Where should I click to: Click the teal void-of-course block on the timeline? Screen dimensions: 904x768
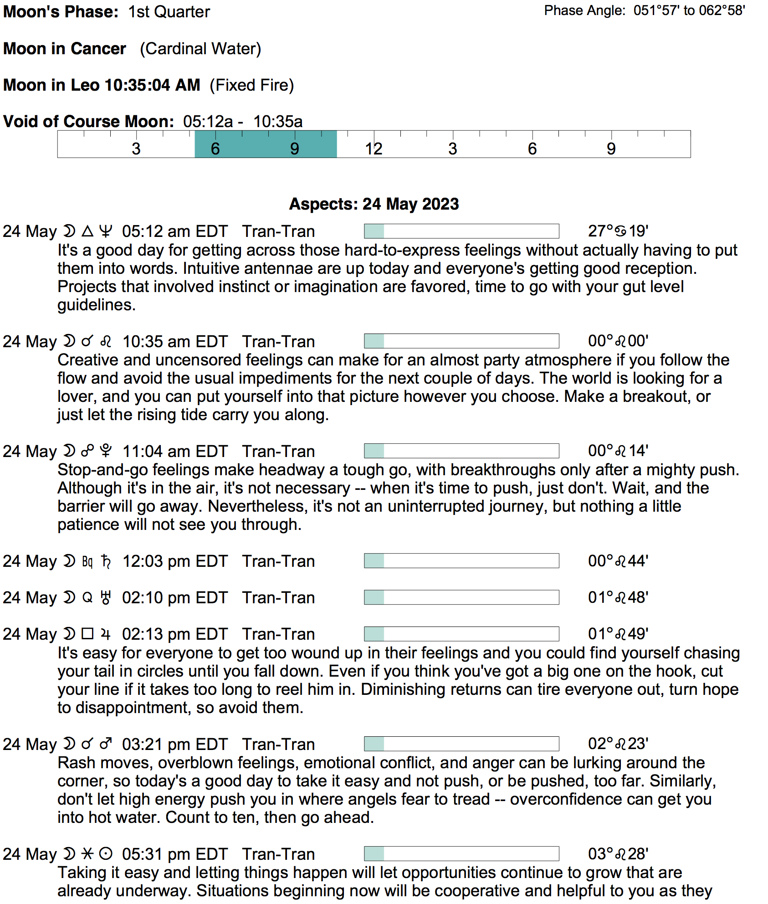tap(266, 144)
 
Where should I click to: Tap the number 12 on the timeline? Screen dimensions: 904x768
tap(374, 149)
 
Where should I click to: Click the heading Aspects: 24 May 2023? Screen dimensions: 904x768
tap(374, 204)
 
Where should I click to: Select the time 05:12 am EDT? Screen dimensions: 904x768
tap(175, 231)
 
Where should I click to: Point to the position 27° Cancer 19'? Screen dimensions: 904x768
tap(618, 231)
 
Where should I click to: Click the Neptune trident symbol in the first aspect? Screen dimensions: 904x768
tap(106, 231)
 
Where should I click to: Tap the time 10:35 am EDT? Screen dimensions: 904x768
tap(175, 341)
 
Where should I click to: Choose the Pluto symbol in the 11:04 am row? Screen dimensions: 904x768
tap(106, 451)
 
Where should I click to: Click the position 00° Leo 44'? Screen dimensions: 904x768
tap(618, 561)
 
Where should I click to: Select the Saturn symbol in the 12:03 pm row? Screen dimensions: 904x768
tap(106, 561)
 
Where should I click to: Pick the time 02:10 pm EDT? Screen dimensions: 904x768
tap(175, 597)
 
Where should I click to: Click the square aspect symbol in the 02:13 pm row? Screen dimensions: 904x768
tap(87, 634)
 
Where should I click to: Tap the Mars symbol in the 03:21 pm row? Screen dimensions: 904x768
tap(106, 744)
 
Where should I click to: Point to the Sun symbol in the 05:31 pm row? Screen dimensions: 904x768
tap(106, 854)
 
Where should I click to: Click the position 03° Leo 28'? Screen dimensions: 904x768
tap(618, 854)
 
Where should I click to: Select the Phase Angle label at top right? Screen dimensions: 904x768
tap(585, 10)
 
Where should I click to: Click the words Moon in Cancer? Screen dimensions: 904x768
tap(65, 49)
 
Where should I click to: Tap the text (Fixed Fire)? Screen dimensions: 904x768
tap(252, 85)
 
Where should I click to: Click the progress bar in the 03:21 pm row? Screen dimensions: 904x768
tap(461, 744)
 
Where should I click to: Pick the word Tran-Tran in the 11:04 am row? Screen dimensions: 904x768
tap(278, 451)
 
